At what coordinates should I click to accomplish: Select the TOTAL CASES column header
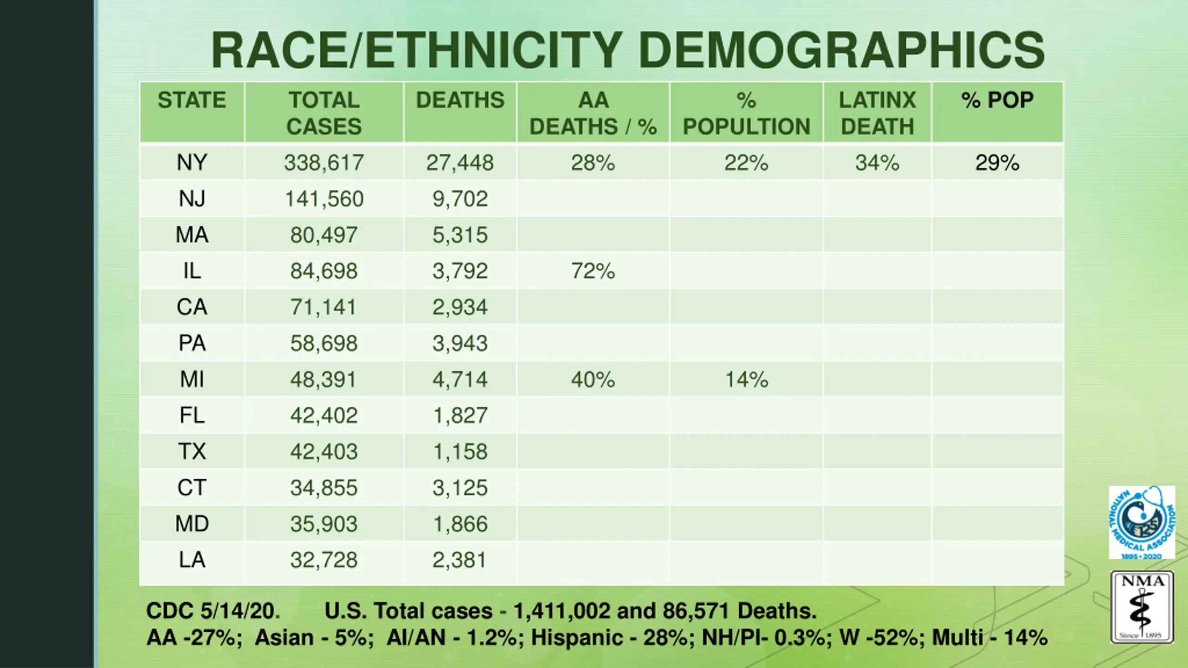324,113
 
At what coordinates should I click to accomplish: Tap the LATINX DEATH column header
877,113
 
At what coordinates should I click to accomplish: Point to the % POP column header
997,100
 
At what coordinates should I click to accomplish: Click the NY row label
192,162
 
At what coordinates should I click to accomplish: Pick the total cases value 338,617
324,162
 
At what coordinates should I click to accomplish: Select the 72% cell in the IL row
593,271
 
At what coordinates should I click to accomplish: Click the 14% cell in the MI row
746,379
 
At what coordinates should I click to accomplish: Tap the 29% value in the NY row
997,162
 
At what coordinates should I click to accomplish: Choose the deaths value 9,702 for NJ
460,199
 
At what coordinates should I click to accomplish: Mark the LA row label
192,560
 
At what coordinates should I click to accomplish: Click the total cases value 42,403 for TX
324,451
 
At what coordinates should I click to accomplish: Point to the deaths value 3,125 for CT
460,488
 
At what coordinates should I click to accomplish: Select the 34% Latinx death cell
877,162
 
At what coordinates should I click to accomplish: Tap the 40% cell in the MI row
593,379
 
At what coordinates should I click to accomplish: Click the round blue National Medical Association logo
1142,522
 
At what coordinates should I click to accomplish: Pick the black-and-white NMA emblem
1142,607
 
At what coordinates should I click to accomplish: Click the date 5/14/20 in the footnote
239,610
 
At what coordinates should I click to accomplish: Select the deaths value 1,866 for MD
460,524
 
